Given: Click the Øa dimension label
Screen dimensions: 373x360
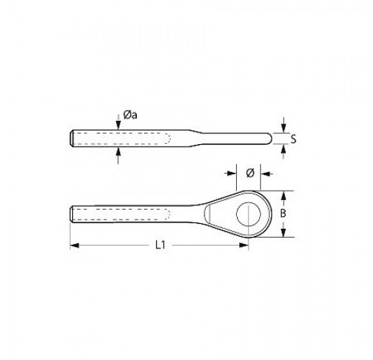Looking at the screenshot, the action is [130, 115].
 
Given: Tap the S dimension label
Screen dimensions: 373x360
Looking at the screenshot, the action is [293, 139].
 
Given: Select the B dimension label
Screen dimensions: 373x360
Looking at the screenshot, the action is [283, 213].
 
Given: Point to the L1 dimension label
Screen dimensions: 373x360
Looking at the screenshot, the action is [161, 246].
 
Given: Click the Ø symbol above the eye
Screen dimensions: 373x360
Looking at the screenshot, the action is [250, 173].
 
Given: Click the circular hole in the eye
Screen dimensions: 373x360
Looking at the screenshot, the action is [248, 214].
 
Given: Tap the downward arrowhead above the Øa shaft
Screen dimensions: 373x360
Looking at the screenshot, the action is [118, 125].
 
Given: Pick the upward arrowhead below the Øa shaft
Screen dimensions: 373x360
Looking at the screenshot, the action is [118, 152].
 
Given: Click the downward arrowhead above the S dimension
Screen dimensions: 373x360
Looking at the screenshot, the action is [284, 128].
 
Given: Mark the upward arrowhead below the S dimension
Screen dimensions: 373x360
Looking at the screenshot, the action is [284, 150].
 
